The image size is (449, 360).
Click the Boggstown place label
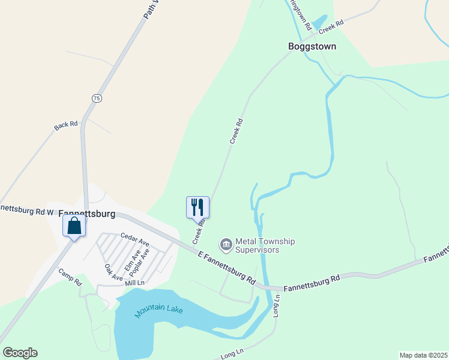coord(312,46)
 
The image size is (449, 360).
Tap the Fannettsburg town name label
coord(89,212)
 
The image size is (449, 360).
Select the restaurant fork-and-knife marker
coord(198,208)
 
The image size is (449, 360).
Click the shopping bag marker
coord(74,226)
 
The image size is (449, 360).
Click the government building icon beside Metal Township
coord(226,244)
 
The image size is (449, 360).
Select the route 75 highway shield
coord(96,97)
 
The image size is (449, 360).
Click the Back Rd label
coord(66,125)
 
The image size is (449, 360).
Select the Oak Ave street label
coord(113,273)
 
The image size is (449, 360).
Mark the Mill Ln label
coord(135,282)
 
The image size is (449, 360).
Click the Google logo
coord(20,352)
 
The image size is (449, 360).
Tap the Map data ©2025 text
coord(423,355)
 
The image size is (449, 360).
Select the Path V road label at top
coord(152,9)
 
